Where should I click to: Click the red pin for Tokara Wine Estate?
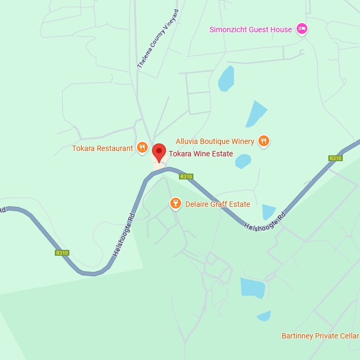[159, 152]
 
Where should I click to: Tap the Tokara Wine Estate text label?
[201, 154]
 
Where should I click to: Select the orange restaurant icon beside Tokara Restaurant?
[142, 148]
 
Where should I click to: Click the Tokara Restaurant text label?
[103, 148]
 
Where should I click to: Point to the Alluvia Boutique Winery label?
[215, 141]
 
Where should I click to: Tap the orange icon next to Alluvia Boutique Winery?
[263, 141]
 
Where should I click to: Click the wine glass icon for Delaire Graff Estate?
[175, 204]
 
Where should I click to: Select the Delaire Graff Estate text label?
[218, 204]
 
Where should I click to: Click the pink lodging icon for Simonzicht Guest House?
[302, 29]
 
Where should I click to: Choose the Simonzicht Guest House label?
[250, 30]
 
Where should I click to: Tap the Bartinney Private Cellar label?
[320, 336]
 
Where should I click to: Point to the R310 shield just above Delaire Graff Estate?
[186, 176]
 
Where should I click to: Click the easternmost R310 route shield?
[335, 158]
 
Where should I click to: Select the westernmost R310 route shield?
[62, 253]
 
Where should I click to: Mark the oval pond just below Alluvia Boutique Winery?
[243, 161]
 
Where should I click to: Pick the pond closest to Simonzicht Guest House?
[226, 78]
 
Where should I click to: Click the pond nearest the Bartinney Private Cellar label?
[264, 316]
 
